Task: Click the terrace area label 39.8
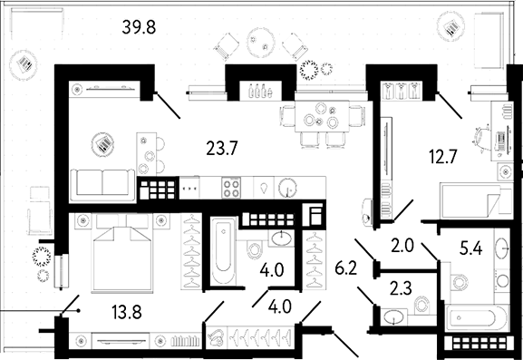139,27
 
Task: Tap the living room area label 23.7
222,148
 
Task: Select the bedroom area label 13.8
127,313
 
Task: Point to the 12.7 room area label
443,157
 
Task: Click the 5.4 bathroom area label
470,248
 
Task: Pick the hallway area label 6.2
346,268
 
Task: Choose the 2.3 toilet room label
401,288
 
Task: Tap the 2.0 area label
402,246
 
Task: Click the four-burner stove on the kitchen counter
231,188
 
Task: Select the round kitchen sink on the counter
287,189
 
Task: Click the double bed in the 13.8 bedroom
122,253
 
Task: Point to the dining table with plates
322,117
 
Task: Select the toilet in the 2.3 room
422,305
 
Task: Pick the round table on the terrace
261,43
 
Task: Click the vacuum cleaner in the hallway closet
217,336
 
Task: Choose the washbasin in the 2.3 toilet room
393,316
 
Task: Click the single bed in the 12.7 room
476,200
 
